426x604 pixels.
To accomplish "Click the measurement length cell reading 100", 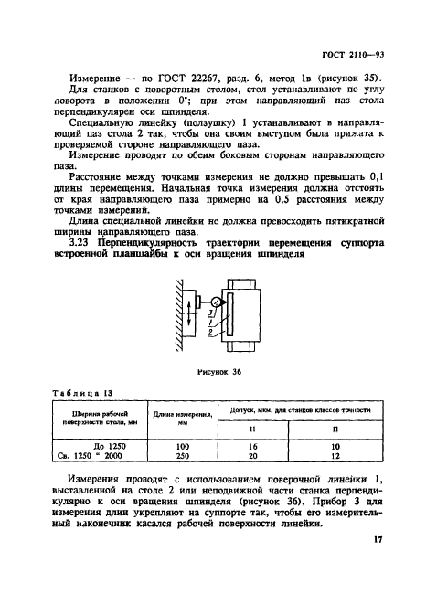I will click(183, 447).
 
